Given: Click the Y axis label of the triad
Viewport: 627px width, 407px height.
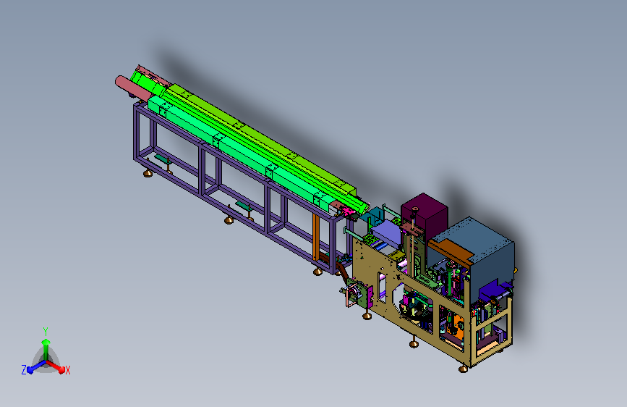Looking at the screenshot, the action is point(46,331).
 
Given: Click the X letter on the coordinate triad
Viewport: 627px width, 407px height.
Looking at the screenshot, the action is point(67,370).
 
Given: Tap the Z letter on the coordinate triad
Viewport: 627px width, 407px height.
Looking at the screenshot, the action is point(24,370).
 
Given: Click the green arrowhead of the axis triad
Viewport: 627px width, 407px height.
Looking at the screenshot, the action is point(46,343).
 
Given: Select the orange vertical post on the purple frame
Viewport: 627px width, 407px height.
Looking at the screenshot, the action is point(316,237).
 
